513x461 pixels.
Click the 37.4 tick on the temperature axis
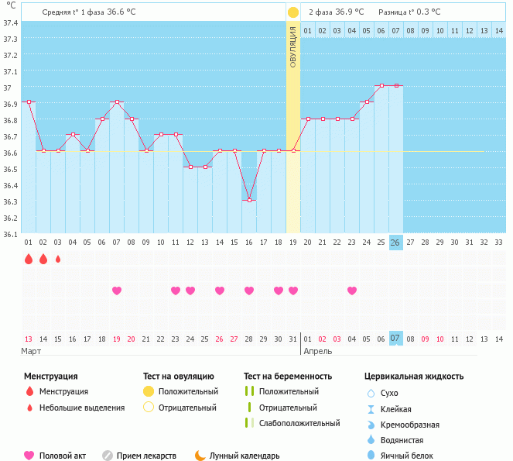pos(10,22)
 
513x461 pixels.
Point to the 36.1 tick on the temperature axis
pos(10,234)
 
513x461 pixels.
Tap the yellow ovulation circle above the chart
pos(292,12)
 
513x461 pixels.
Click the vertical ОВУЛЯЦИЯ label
pos(292,46)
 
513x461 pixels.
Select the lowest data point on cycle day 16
pos(249,200)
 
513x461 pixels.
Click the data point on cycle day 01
pos(29,101)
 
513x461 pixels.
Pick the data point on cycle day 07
pos(117,101)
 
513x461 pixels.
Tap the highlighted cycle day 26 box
pos(395,243)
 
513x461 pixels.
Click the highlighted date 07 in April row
pos(395,339)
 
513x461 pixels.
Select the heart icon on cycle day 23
pos(352,291)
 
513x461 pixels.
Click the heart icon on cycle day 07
pos(117,291)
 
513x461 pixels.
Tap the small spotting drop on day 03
pos(58,259)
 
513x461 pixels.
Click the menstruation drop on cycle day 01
pos(29,259)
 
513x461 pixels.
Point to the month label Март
pos(31,351)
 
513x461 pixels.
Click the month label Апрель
pos(318,351)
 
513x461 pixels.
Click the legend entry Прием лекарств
pos(145,456)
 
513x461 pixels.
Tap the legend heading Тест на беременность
pos(288,376)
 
